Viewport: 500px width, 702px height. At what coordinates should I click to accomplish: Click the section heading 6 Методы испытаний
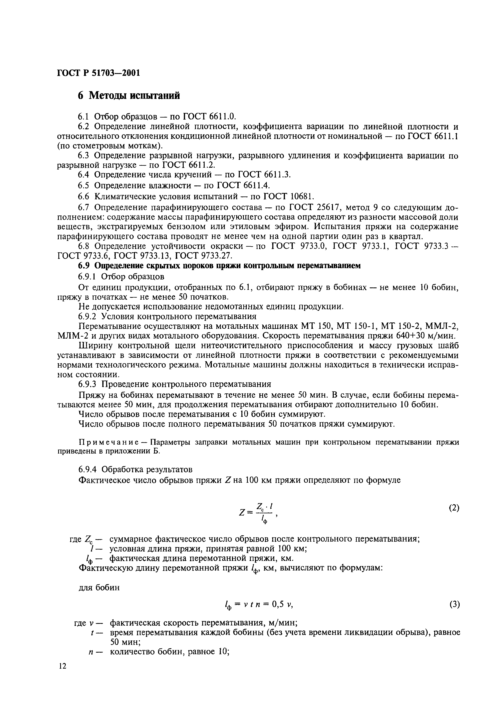pyautogui.click(x=129, y=96)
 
